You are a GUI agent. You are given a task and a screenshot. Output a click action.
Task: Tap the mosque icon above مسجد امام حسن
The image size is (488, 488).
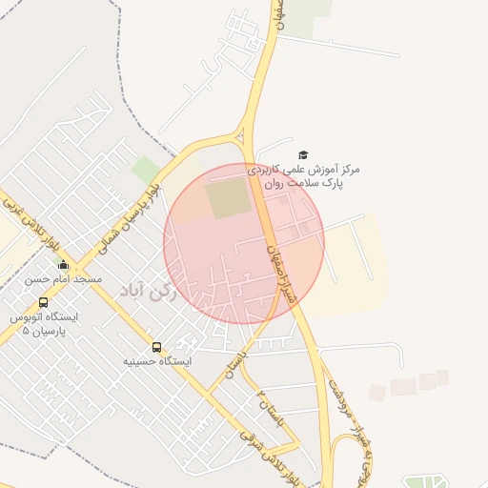pyautogui.click(x=63, y=264)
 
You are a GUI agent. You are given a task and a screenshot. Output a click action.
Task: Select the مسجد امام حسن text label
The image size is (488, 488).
pyautogui.click(x=63, y=279)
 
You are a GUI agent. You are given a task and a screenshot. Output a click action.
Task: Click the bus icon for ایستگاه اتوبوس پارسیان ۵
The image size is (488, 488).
pyautogui.click(x=43, y=302)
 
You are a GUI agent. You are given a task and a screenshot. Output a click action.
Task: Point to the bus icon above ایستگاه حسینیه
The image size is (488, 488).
pyautogui.click(x=157, y=347)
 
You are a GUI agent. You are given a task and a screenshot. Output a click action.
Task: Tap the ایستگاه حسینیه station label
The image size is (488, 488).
pyautogui.click(x=157, y=362)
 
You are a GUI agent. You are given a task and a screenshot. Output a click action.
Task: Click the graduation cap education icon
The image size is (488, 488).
pyautogui.click(x=304, y=154)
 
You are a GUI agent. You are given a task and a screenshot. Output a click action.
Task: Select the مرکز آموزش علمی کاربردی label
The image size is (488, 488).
pyautogui.click(x=304, y=169)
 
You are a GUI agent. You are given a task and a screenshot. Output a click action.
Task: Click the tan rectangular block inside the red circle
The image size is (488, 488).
pyautogui.click(x=228, y=198)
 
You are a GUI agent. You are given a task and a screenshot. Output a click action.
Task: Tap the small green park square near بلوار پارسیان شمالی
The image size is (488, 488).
pyautogui.click(x=146, y=172)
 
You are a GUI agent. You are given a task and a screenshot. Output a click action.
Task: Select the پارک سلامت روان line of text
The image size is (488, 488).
pyautogui.click(x=306, y=182)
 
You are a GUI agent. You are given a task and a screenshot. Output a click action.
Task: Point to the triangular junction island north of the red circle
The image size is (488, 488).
pyautogui.click(x=247, y=128)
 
